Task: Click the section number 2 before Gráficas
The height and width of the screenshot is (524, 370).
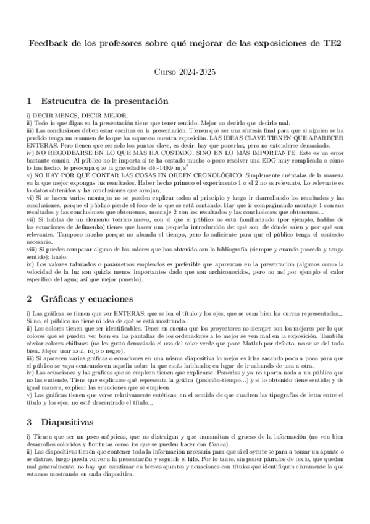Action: (29, 298)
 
